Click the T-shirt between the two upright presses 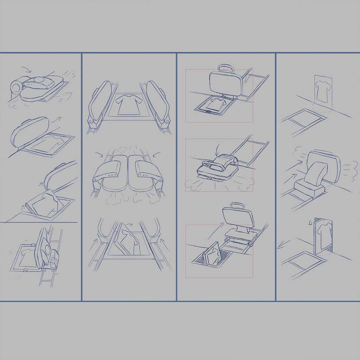[128, 104]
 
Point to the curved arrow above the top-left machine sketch [26, 69]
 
